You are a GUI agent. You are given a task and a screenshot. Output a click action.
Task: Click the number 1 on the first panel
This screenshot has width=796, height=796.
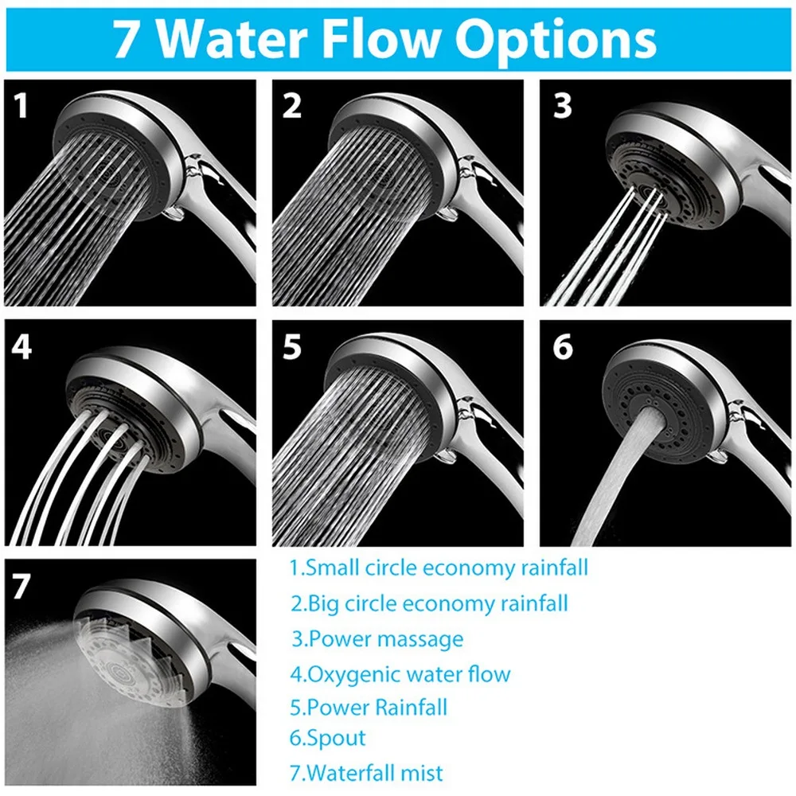coord(21,105)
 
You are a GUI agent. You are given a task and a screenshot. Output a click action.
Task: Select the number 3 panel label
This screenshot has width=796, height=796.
coord(562,105)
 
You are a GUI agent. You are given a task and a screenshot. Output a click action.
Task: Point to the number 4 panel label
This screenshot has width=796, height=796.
coord(22,348)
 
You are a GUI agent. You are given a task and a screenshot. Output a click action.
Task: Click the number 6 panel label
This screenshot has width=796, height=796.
coord(562,348)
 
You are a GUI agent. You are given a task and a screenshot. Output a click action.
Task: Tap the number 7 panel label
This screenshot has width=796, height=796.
coord(21,587)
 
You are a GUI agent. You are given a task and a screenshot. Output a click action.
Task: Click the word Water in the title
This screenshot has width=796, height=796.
coord(256,40)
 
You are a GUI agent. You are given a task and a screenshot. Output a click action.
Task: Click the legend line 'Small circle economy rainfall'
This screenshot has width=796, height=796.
coord(439,568)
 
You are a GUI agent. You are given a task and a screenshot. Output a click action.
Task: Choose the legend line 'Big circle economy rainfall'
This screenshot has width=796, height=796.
coord(429,603)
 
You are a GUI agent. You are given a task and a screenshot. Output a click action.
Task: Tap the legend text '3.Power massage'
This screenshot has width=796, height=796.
coord(377,638)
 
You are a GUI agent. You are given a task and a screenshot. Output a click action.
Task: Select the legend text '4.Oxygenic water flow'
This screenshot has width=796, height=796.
coord(400,674)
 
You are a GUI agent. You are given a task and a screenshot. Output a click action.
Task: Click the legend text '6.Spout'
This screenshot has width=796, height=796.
coord(327,737)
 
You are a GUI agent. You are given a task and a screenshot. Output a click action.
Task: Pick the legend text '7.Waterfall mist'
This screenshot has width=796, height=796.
coord(366,771)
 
